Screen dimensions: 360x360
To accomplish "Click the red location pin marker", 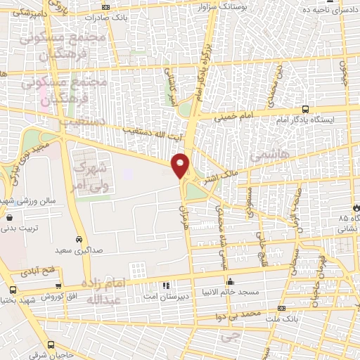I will [181, 165].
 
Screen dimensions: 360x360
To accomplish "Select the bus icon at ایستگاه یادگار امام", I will [305, 109].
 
